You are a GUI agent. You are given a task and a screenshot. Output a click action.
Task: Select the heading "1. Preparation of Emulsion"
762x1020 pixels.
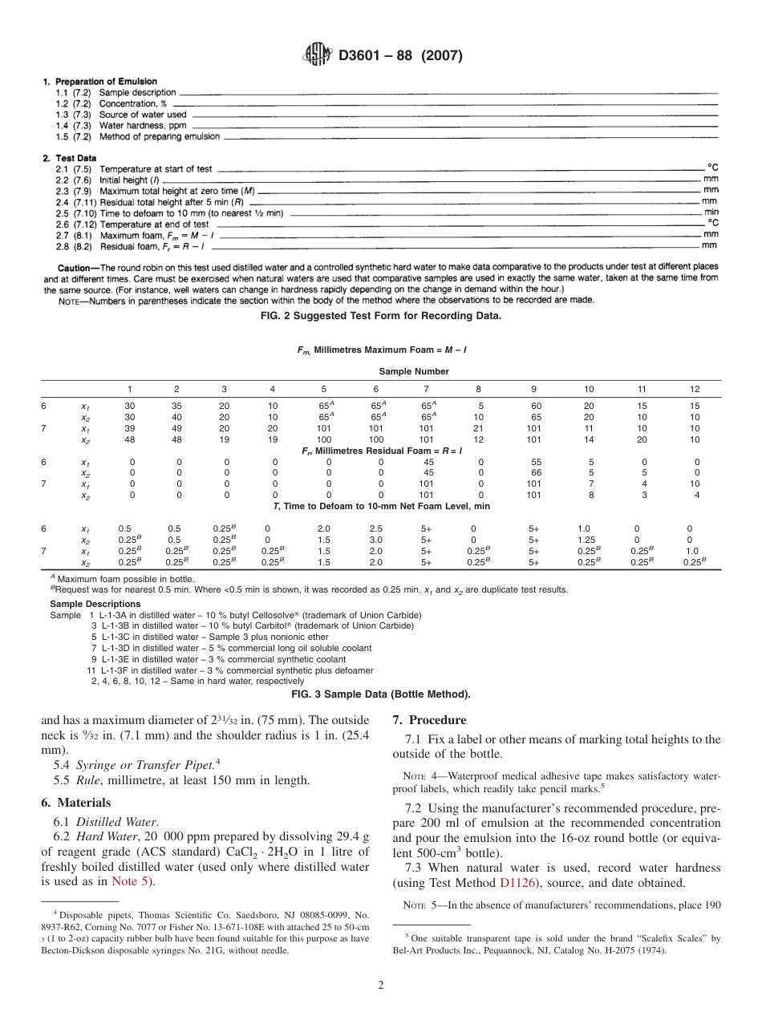[x=99, y=82]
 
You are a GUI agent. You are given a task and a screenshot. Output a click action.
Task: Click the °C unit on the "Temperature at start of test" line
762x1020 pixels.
[x=712, y=168]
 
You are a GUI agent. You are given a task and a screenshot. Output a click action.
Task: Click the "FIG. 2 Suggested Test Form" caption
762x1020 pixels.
[x=380, y=315]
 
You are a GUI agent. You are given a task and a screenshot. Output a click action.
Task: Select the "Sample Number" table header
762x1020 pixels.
[x=414, y=371]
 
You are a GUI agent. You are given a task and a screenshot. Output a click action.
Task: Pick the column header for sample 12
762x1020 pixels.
[x=694, y=389]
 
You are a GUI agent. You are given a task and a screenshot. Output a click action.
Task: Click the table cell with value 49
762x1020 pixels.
[x=176, y=429]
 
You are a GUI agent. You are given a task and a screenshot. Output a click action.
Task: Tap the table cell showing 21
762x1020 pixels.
[x=478, y=429]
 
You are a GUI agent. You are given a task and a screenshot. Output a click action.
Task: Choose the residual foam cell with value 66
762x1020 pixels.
[x=535, y=473]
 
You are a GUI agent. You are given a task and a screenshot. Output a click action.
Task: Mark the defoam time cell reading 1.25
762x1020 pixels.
[x=587, y=540]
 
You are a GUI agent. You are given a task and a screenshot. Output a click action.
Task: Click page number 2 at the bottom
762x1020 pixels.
[x=381, y=986]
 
